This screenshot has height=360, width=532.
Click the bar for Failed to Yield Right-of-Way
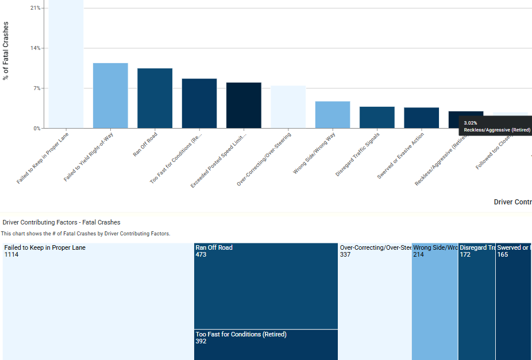pos(110,95)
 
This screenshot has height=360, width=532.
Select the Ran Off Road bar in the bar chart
pos(155,98)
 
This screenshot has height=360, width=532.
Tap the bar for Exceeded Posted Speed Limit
pos(244,105)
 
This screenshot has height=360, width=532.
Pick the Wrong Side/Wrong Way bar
pos(333,115)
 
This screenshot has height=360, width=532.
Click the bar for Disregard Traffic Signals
pos(377,117)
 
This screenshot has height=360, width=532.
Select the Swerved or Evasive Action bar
pos(421,118)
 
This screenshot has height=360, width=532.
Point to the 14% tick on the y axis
pos(36,48)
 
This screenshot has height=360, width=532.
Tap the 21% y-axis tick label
pos(36,8)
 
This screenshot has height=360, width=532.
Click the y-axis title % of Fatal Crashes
pos(6,51)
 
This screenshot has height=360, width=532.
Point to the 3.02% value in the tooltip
pos(471,123)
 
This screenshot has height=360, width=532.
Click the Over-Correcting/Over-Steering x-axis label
pos(265,159)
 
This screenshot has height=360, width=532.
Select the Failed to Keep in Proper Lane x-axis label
pos(44,158)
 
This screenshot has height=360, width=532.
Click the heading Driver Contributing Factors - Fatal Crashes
pos(61,222)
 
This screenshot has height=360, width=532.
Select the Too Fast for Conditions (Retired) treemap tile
pos(265,344)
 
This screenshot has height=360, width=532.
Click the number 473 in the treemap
pos(201,255)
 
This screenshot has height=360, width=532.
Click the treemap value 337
pos(346,255)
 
